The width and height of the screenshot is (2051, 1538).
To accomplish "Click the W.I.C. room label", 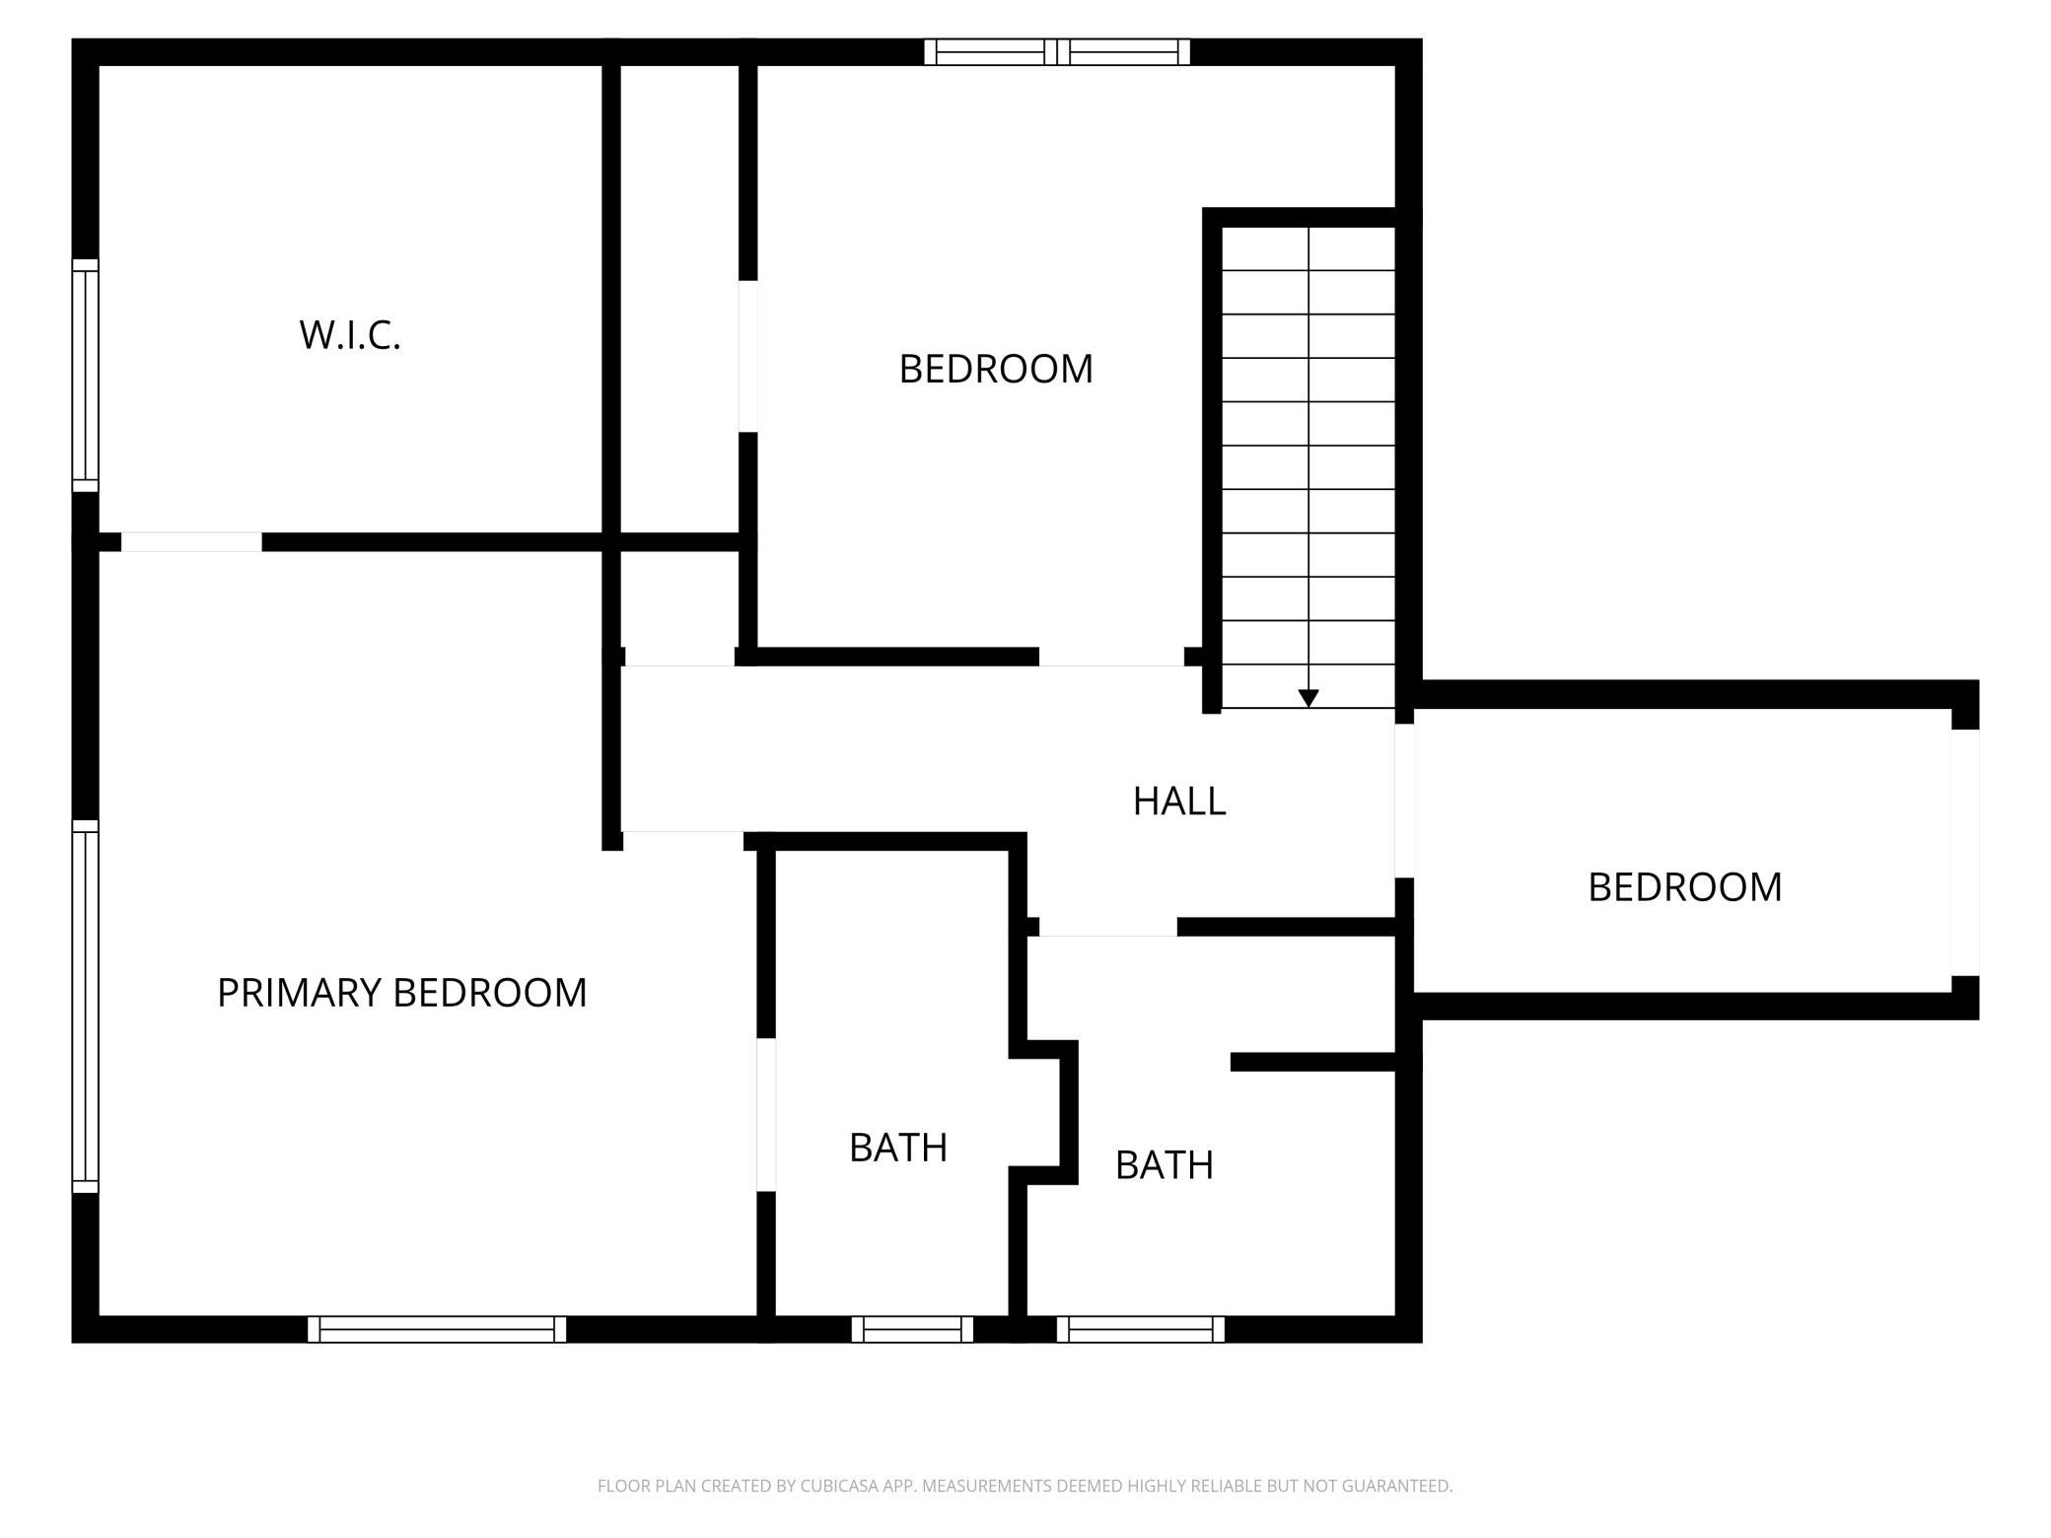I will pyautogui.click(x=350, y=335).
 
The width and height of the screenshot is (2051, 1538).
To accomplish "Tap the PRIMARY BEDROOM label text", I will pyautogui.click(x=401, y=993).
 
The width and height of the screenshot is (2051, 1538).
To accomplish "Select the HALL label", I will pyautogui.click(x=1179, y=802).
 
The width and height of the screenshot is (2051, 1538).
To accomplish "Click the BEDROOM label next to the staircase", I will pyautogui.click(x=996, y=369).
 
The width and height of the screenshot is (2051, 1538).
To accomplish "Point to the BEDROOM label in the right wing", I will pyautogui.click(x=1684, y=887).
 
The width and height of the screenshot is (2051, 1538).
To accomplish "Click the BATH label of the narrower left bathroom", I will pyautogui.click(x=898, y=1148).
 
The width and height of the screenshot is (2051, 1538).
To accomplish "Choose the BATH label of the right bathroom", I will pyautogui.click(x=1164, y=1165).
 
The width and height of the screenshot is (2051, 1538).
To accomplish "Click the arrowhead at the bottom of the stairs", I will pyautogui.click(x=1308, y=698).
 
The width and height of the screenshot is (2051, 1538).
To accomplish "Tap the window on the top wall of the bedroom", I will pyautogui.click(x=1057, y=52).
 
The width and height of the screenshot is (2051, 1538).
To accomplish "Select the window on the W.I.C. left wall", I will pyautogui.click(x=86, y=376).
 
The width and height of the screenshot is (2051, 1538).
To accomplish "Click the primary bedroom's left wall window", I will pyautogui.click(x=86, y=1007).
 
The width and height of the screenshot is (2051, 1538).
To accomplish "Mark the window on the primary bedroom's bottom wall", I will pyautogui.click(x=437, y=1329).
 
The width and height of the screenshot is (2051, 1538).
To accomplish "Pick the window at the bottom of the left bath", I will pyautogui.click(x=912, y=1329).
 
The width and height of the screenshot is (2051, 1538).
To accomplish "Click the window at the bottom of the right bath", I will pyautogui.click(x=1141, y=1329).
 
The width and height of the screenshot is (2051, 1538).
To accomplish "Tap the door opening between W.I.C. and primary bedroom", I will pyautogui.click(x=191, y=542).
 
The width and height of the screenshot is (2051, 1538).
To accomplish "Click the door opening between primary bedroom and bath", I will pyautogui.click(x=766, y=1114).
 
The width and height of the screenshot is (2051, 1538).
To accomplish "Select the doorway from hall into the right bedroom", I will pyautogui.click(x=1404, y=801).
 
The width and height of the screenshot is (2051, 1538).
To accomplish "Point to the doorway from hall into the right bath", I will pyautogui.click(x=1107, y=927).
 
